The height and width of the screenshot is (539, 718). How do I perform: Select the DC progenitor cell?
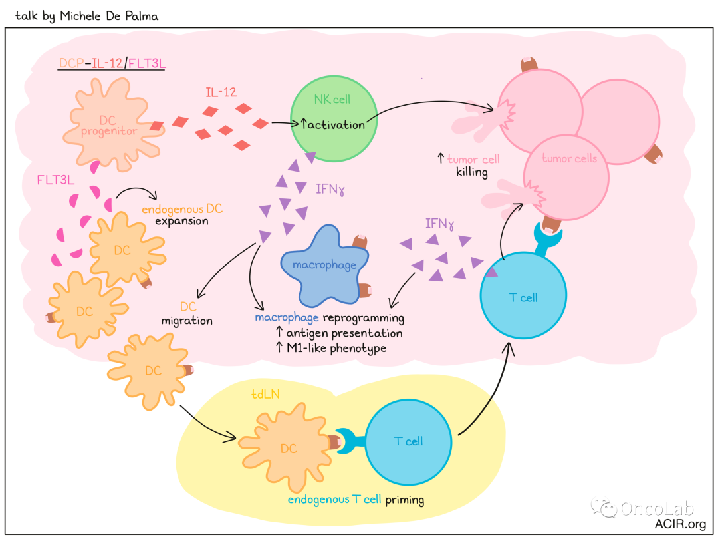point(109,126)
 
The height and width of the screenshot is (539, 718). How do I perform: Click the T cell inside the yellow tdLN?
point(408,441)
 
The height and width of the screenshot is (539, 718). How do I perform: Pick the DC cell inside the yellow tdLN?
point(287,449)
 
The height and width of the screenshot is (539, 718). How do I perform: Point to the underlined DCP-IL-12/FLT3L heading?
point(112,63)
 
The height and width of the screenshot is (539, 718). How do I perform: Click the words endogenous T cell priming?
point(356,500)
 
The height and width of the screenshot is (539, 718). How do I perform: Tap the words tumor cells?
point(569,158)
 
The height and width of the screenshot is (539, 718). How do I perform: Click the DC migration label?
point(187,314)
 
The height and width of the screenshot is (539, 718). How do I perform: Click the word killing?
point(472,172)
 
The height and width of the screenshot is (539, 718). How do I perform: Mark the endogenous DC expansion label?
point(182,214)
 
